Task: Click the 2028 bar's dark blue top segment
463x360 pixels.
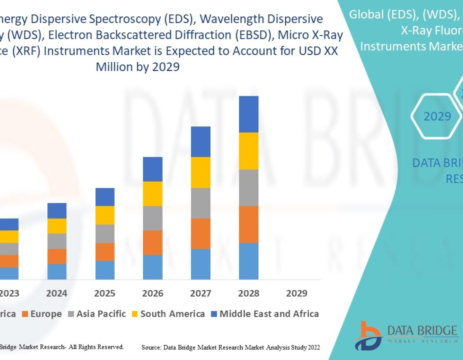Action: (248, 114)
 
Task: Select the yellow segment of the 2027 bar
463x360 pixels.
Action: (201, 172)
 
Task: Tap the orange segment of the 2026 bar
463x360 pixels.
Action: (153, 242)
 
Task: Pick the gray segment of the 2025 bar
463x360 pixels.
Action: (105, 233)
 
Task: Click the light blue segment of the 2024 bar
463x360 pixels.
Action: (57, 272)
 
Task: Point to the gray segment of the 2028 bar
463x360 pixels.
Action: (248, 188)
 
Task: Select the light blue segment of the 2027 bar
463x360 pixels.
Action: (201, 264)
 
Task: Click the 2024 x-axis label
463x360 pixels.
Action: (57, 293)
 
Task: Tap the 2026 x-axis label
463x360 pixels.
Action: (153, 293)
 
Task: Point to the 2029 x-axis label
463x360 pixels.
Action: (296, 293)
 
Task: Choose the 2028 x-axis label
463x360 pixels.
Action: (248, 293)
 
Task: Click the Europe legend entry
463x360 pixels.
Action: (46, 314)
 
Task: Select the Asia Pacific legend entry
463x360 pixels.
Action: (101, 314)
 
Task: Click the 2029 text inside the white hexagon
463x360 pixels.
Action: (437, 116)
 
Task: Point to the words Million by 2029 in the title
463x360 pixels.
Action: (137, 67)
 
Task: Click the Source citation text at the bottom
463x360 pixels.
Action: (230, 348)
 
